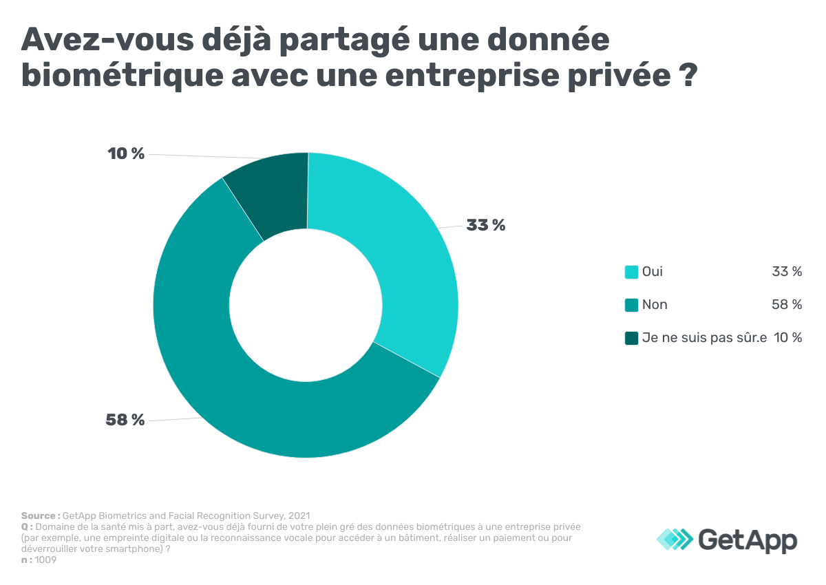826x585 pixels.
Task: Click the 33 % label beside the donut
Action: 485,225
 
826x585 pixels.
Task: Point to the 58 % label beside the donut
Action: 125,419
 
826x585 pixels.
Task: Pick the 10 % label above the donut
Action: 126,153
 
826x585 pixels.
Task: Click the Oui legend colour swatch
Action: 631,272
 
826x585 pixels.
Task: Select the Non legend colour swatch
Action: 631,305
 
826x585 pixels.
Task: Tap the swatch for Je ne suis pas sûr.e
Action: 631,338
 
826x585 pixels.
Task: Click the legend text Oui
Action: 653,272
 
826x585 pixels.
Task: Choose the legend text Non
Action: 655,305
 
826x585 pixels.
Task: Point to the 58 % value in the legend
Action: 787,305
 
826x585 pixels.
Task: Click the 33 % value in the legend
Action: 787,272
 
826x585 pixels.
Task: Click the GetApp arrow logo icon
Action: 675,538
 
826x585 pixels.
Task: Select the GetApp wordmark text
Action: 748,538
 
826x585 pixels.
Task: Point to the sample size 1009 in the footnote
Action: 45,560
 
